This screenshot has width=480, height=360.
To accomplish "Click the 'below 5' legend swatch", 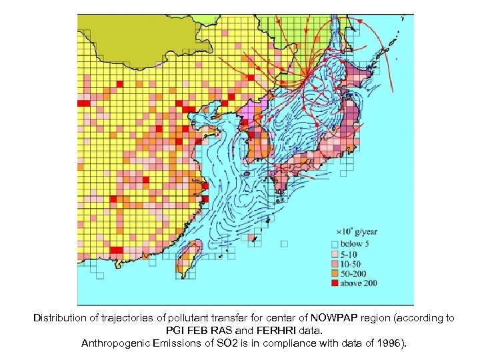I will pyautogui.click(x=335, y=244).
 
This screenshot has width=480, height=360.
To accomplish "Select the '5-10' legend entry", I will pyautogui.click(x=335, y=254).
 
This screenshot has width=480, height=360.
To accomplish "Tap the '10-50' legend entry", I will pyautogui.click(x=335, y=264).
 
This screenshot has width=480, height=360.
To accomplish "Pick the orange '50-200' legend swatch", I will pyautogui.click(x=335, y=274).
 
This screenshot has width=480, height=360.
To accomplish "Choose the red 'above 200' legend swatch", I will pyautogui.click(x=335, y=284).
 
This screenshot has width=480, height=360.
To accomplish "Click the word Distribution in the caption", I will pyautogui.click(x=59, y=319).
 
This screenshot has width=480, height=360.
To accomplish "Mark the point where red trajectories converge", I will pyautogui.click(x=306, y=79).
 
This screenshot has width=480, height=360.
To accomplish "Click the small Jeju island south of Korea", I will pyautogui.click(x=247, y=174).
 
